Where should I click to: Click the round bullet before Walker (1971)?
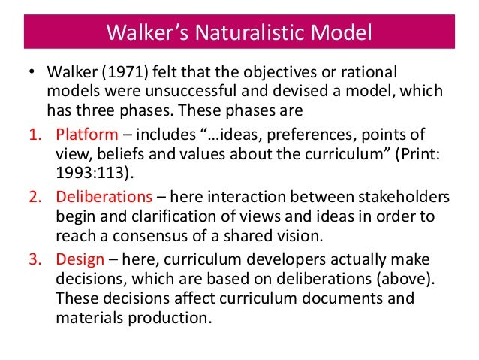[32, 74]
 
